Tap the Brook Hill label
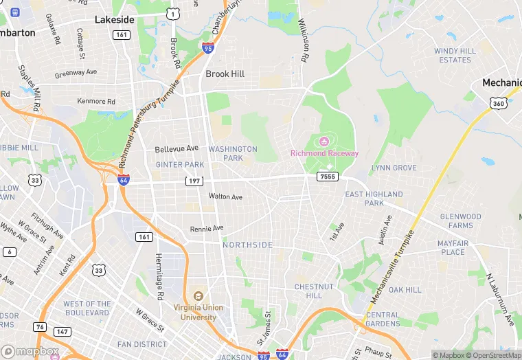(225, 74)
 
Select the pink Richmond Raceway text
(324, 153)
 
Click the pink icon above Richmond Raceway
(319, 142)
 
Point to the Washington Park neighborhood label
(233, 153)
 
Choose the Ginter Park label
(180, 165)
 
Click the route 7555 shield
(327, 177)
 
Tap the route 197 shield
(194, 181)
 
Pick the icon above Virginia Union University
(198, 295)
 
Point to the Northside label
(247, 245)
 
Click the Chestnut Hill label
(313, 291)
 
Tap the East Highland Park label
(374, 199)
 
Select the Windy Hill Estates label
(455, 56)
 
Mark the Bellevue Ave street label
(177, 148)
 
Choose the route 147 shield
(63, 332)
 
